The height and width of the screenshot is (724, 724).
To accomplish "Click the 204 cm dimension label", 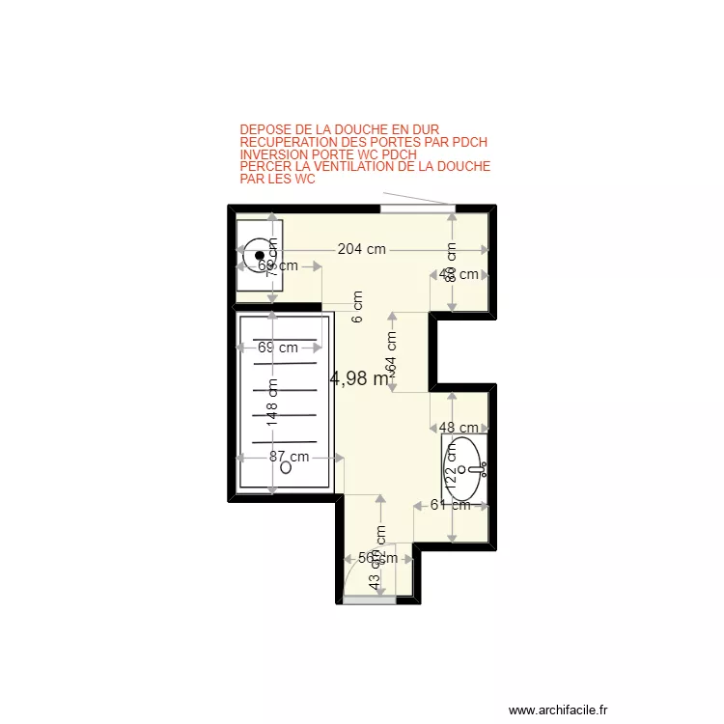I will coord(362,249).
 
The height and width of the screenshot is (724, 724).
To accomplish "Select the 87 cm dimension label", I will coord(289,457).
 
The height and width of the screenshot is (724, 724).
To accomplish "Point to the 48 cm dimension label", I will coord(459,428).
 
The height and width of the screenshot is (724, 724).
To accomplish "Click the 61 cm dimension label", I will coord(450,504).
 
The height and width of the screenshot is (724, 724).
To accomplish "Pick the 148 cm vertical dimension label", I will coord(273,405).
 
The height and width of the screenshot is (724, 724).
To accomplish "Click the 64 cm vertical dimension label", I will coord(391,353).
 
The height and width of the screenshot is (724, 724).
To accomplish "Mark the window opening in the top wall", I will coord(417,209).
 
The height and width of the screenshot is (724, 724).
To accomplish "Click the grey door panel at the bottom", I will coord(370,599).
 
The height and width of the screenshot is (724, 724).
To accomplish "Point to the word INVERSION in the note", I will coord(272,154).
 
